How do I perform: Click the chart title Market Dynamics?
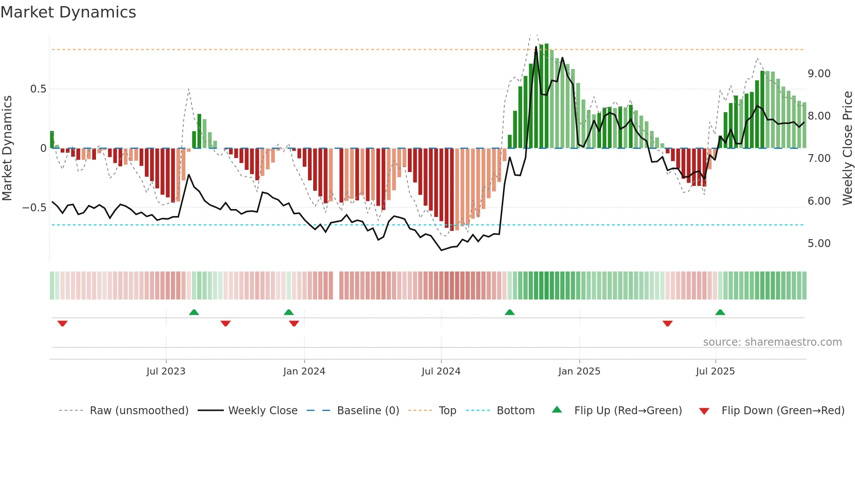[68, 12]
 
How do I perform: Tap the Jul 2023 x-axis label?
[166, 371]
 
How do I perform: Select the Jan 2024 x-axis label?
[304, 371]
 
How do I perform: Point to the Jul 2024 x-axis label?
[441, 371]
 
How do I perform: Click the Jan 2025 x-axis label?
[579, 371]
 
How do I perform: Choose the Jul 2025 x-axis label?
[715, 371]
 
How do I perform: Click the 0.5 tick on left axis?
[38, 89]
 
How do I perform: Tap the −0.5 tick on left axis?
[34, 207]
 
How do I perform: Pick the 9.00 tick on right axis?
[819, 74]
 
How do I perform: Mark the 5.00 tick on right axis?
[819, 244]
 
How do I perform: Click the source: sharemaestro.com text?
[772, 342]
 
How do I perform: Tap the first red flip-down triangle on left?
[62, 323]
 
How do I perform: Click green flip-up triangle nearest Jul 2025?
[720, 312]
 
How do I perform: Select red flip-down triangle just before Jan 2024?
[294, 323]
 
